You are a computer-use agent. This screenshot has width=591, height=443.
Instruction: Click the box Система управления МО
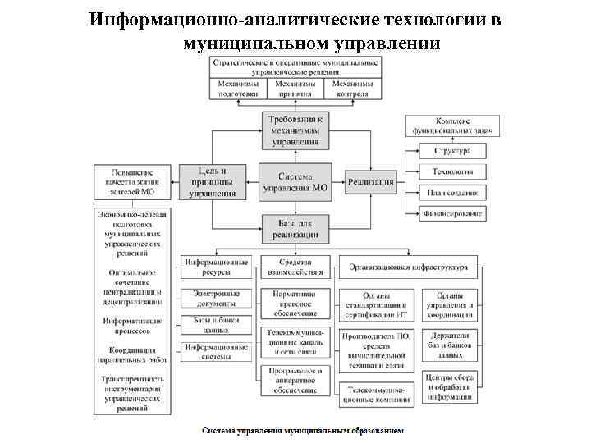(295, 182)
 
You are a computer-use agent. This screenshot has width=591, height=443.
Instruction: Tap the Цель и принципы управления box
(212, 182)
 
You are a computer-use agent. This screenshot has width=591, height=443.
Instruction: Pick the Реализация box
(371, 182)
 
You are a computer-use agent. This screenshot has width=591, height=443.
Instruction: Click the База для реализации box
(295, 227)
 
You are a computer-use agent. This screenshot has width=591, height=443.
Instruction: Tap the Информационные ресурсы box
(217, 267)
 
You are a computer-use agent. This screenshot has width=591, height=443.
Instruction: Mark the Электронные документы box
(217, 298)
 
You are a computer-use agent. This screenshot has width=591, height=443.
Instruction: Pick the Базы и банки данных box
(217, 324)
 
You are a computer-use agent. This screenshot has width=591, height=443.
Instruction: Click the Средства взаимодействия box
(295, 267)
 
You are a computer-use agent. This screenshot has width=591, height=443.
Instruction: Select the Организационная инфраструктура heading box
(408, 267)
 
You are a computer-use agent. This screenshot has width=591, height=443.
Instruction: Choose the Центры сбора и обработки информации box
(450, 386)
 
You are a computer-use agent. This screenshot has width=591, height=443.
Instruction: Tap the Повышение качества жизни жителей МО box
(132, 181)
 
